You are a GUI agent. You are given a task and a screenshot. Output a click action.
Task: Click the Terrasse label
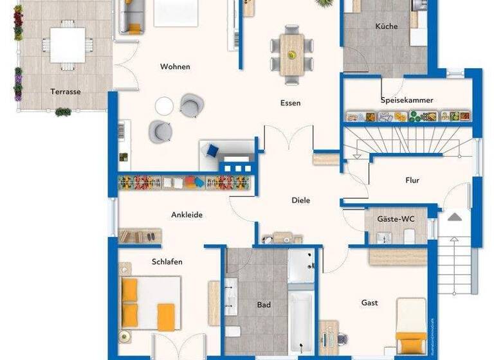[66, 91]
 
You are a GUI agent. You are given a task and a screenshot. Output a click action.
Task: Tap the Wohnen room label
[175, 66]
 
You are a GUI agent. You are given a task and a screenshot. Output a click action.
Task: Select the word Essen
[290, 103]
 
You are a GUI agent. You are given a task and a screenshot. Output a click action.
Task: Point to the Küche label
[387, 26]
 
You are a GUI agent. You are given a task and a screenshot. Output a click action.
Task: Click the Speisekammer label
[407, 100]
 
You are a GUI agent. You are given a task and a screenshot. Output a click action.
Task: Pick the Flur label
[412, 180]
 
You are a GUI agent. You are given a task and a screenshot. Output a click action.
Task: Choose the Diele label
[301, 201]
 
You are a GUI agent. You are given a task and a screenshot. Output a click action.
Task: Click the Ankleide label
[187, 215]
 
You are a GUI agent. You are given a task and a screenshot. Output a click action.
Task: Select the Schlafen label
[167, 262]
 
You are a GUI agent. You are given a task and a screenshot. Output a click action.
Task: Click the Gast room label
[369, 302]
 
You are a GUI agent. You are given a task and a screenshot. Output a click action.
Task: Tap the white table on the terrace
[67, 44]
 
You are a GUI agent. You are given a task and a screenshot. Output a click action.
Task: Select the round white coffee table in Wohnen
[164, 105]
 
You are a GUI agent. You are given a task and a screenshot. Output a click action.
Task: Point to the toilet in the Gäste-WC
[408, 236]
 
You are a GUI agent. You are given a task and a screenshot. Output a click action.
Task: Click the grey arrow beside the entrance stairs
[455, 217]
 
